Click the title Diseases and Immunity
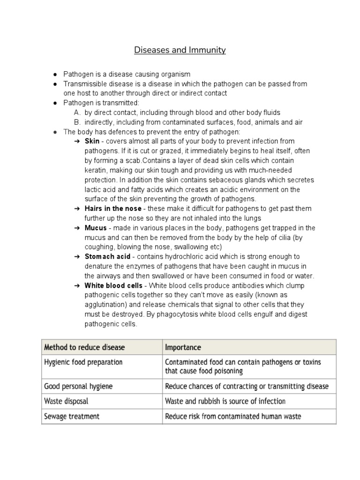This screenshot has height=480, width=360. (x=180, y=50)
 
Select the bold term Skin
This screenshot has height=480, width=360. (x=91, y=141)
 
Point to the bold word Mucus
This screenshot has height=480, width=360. (x=96, y=228)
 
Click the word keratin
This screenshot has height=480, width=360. (x=96, y=170)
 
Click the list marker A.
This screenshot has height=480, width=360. (x=77, y=112)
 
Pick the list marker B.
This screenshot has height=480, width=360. (x=77, y=122)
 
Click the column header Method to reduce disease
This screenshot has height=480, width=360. (x=84, y=347)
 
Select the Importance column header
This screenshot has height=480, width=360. (x=183, y=347)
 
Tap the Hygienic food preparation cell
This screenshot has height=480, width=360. (x=83, y=362)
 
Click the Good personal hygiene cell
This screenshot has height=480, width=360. (x=78, y=386)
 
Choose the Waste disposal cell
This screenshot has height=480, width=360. (x=66, y=401)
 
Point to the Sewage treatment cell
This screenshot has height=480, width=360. (x=71, y=416)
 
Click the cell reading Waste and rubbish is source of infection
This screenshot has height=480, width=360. (x=225, y=401)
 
